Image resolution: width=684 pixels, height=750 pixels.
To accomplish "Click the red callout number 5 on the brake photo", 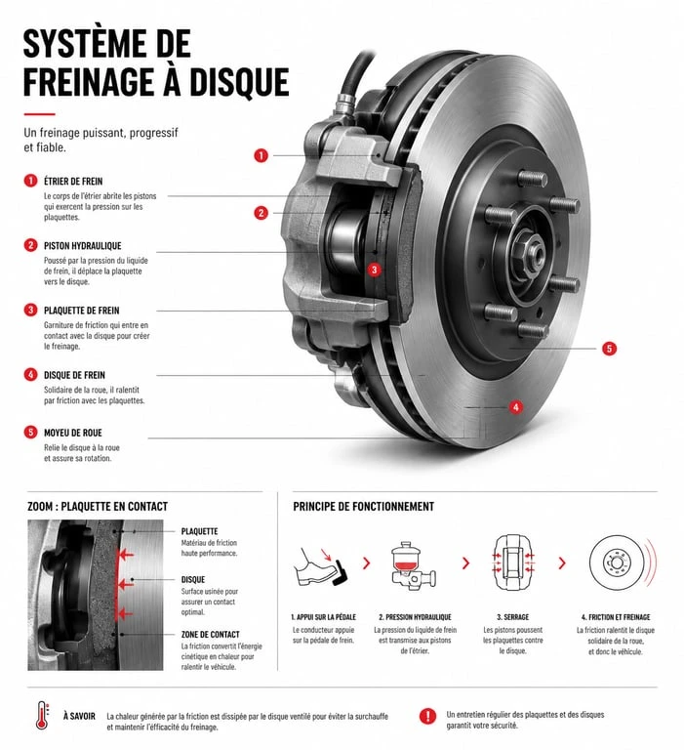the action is click(x=609, y=349).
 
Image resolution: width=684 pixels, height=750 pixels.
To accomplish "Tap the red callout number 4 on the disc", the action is click(x=515, y=407).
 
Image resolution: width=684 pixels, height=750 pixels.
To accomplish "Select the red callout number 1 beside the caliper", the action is click(x=261, y=155).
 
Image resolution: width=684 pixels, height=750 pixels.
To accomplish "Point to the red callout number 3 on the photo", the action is click(x=375, y=270).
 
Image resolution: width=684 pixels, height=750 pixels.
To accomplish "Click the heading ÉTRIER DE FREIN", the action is click(x=73, y=182).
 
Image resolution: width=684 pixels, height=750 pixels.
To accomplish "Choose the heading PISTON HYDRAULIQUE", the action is click(x=83, y=246).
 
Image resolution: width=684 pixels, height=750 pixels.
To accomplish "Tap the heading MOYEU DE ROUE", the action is click(x=73, y=433).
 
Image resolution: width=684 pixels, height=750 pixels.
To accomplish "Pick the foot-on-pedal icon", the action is click(x=321, y=567).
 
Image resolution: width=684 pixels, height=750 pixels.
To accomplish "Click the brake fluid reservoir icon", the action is click(x=413, y=565).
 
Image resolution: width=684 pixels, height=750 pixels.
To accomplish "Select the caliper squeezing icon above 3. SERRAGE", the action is click(x=513, y=562).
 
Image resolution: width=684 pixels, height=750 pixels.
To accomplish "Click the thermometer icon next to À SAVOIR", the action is click(x=42, y=716).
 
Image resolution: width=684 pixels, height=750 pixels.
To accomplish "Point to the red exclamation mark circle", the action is click(x=427, y=716).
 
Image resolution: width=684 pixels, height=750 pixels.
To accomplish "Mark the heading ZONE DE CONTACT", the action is click(x=211, y=635).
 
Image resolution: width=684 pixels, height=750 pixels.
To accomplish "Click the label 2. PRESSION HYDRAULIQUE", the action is click(x=415, y=617).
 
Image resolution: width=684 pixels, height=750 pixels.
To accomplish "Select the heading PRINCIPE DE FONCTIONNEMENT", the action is click(x=364, y=507).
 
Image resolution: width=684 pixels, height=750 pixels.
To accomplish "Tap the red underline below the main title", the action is click(x=40, y=114).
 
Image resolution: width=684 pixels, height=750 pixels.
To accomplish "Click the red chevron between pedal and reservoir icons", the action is click(x=367, y=562).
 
